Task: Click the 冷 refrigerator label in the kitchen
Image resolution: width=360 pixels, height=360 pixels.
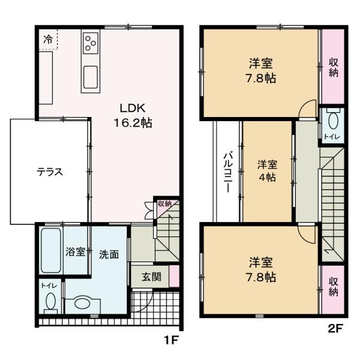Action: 48,40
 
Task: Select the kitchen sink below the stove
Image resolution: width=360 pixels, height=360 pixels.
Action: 92,76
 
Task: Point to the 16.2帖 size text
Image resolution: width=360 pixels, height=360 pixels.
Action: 133,123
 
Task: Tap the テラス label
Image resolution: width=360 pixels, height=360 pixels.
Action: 50,172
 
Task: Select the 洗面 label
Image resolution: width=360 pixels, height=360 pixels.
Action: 109,254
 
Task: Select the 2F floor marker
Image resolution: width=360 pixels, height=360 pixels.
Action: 335,328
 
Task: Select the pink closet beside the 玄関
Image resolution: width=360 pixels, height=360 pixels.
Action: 174,276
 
